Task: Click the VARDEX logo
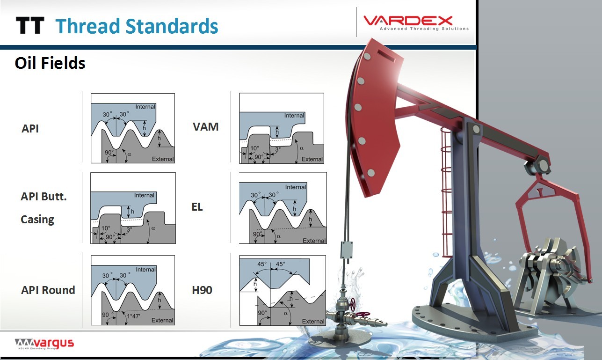click(416, 22)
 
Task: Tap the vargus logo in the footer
click(44, 344)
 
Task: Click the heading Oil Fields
click(50, 63)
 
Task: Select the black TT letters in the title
click(30, 26)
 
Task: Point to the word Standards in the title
click(172, 26)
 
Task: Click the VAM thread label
click(206, 127)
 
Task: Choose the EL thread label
click(197, 207)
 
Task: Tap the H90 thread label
click(202, 290)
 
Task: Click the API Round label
click(48, 290)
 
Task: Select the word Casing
click(37, 220)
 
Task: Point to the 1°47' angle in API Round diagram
click(134, 316)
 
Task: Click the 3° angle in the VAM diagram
click(278, 149)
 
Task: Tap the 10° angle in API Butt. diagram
click(106, 228)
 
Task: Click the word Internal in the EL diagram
click(296, 187)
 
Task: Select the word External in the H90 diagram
click(313, 321)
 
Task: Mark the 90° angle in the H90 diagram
click(262, 313)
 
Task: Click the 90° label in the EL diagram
click(257, 234)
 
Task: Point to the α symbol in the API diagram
click(129, 154)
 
